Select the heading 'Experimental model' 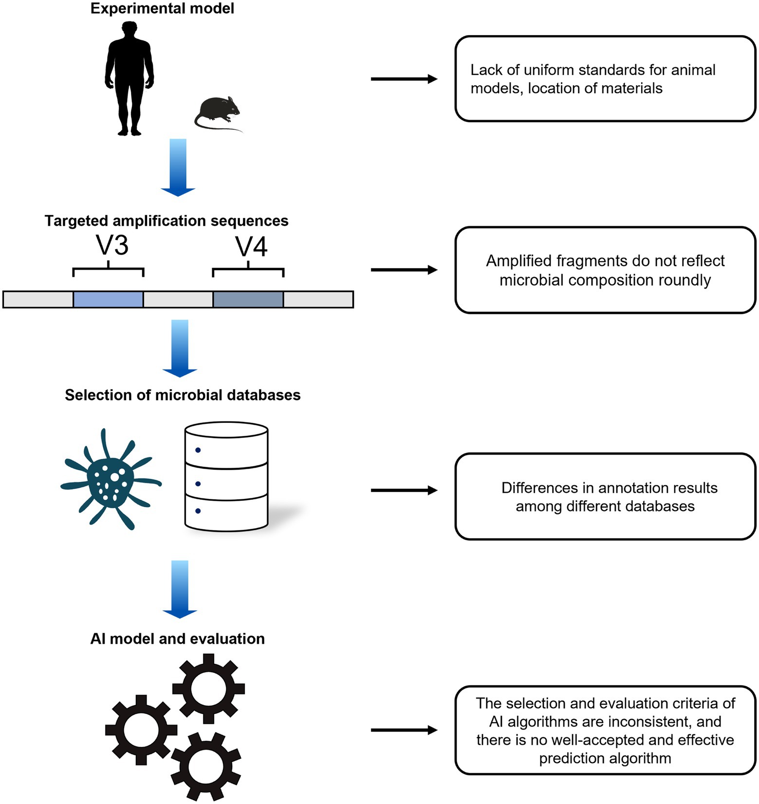coord(162,8)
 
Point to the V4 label coord(252,247)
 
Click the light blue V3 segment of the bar coord(108,299)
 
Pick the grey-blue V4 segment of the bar coord(248,299)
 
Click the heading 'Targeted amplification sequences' coord(167,221)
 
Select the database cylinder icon coord(226,476)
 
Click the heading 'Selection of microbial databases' coord(183,395)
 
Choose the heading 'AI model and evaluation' coord(178,639)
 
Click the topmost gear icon coord(209,688)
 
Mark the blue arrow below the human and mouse coord(178,168)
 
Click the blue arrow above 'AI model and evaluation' coord(180,589)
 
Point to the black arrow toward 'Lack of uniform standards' coord(404,79)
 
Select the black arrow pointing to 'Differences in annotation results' coord(404,491)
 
